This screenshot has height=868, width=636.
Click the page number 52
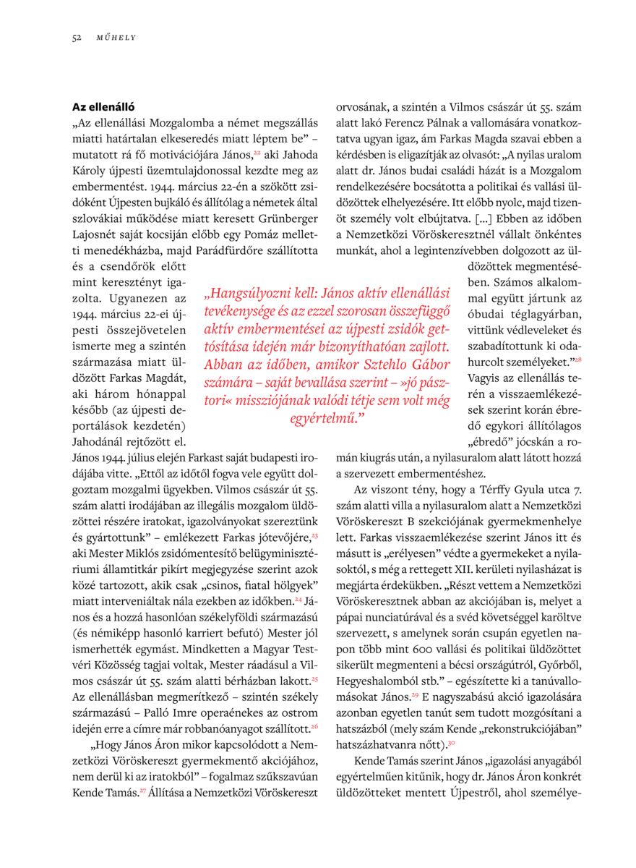pyautogui.click(x=76, y=38)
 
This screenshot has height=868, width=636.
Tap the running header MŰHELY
pyautogui.click(x=116, y=38)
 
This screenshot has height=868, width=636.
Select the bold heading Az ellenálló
pyautogui.click(x=103, y=106)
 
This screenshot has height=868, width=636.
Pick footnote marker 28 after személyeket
pyautogui.click(x=577, y=359)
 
